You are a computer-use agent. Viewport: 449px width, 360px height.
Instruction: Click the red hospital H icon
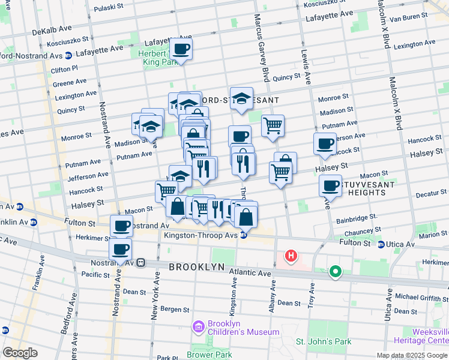pos(291,256)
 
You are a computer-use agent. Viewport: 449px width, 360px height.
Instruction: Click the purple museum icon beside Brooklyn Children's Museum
pos(198,327)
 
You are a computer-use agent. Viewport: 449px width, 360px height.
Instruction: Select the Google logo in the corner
pos(20,353)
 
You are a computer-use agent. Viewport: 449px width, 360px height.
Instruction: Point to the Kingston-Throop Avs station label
pos(200,235)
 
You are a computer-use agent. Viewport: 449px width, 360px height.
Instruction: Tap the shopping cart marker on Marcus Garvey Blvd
pos(273,126)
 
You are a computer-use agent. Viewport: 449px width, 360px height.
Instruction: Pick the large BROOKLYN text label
pos(196,266)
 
